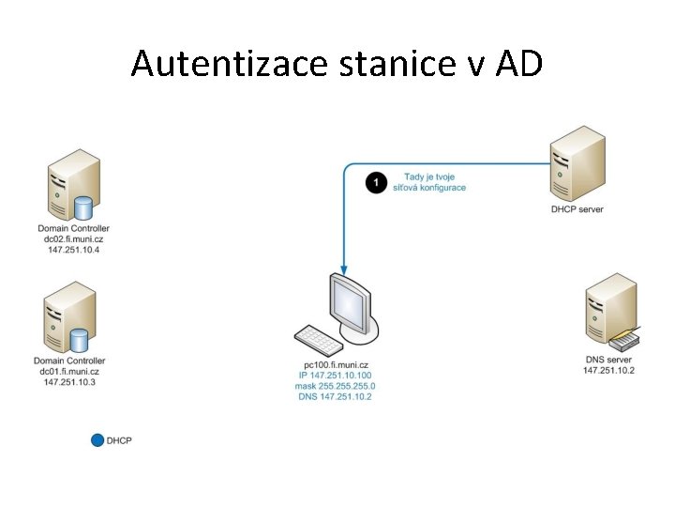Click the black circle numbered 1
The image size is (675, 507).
(376, 182)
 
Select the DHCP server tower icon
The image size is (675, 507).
(577, 163)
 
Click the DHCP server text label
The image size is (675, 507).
(577, 209)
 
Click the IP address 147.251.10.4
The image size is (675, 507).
(73, 250)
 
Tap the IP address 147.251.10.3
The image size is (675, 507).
(69, 382)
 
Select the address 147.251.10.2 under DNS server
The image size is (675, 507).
(608, 370)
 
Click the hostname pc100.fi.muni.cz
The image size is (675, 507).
(337, 364)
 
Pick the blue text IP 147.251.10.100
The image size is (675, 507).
(337, 376)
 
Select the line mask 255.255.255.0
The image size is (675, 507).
(337, 386)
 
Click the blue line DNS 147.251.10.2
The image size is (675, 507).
(337, 396)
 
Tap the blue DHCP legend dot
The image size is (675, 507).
(97, 439)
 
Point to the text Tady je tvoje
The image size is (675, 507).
(427, 177)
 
